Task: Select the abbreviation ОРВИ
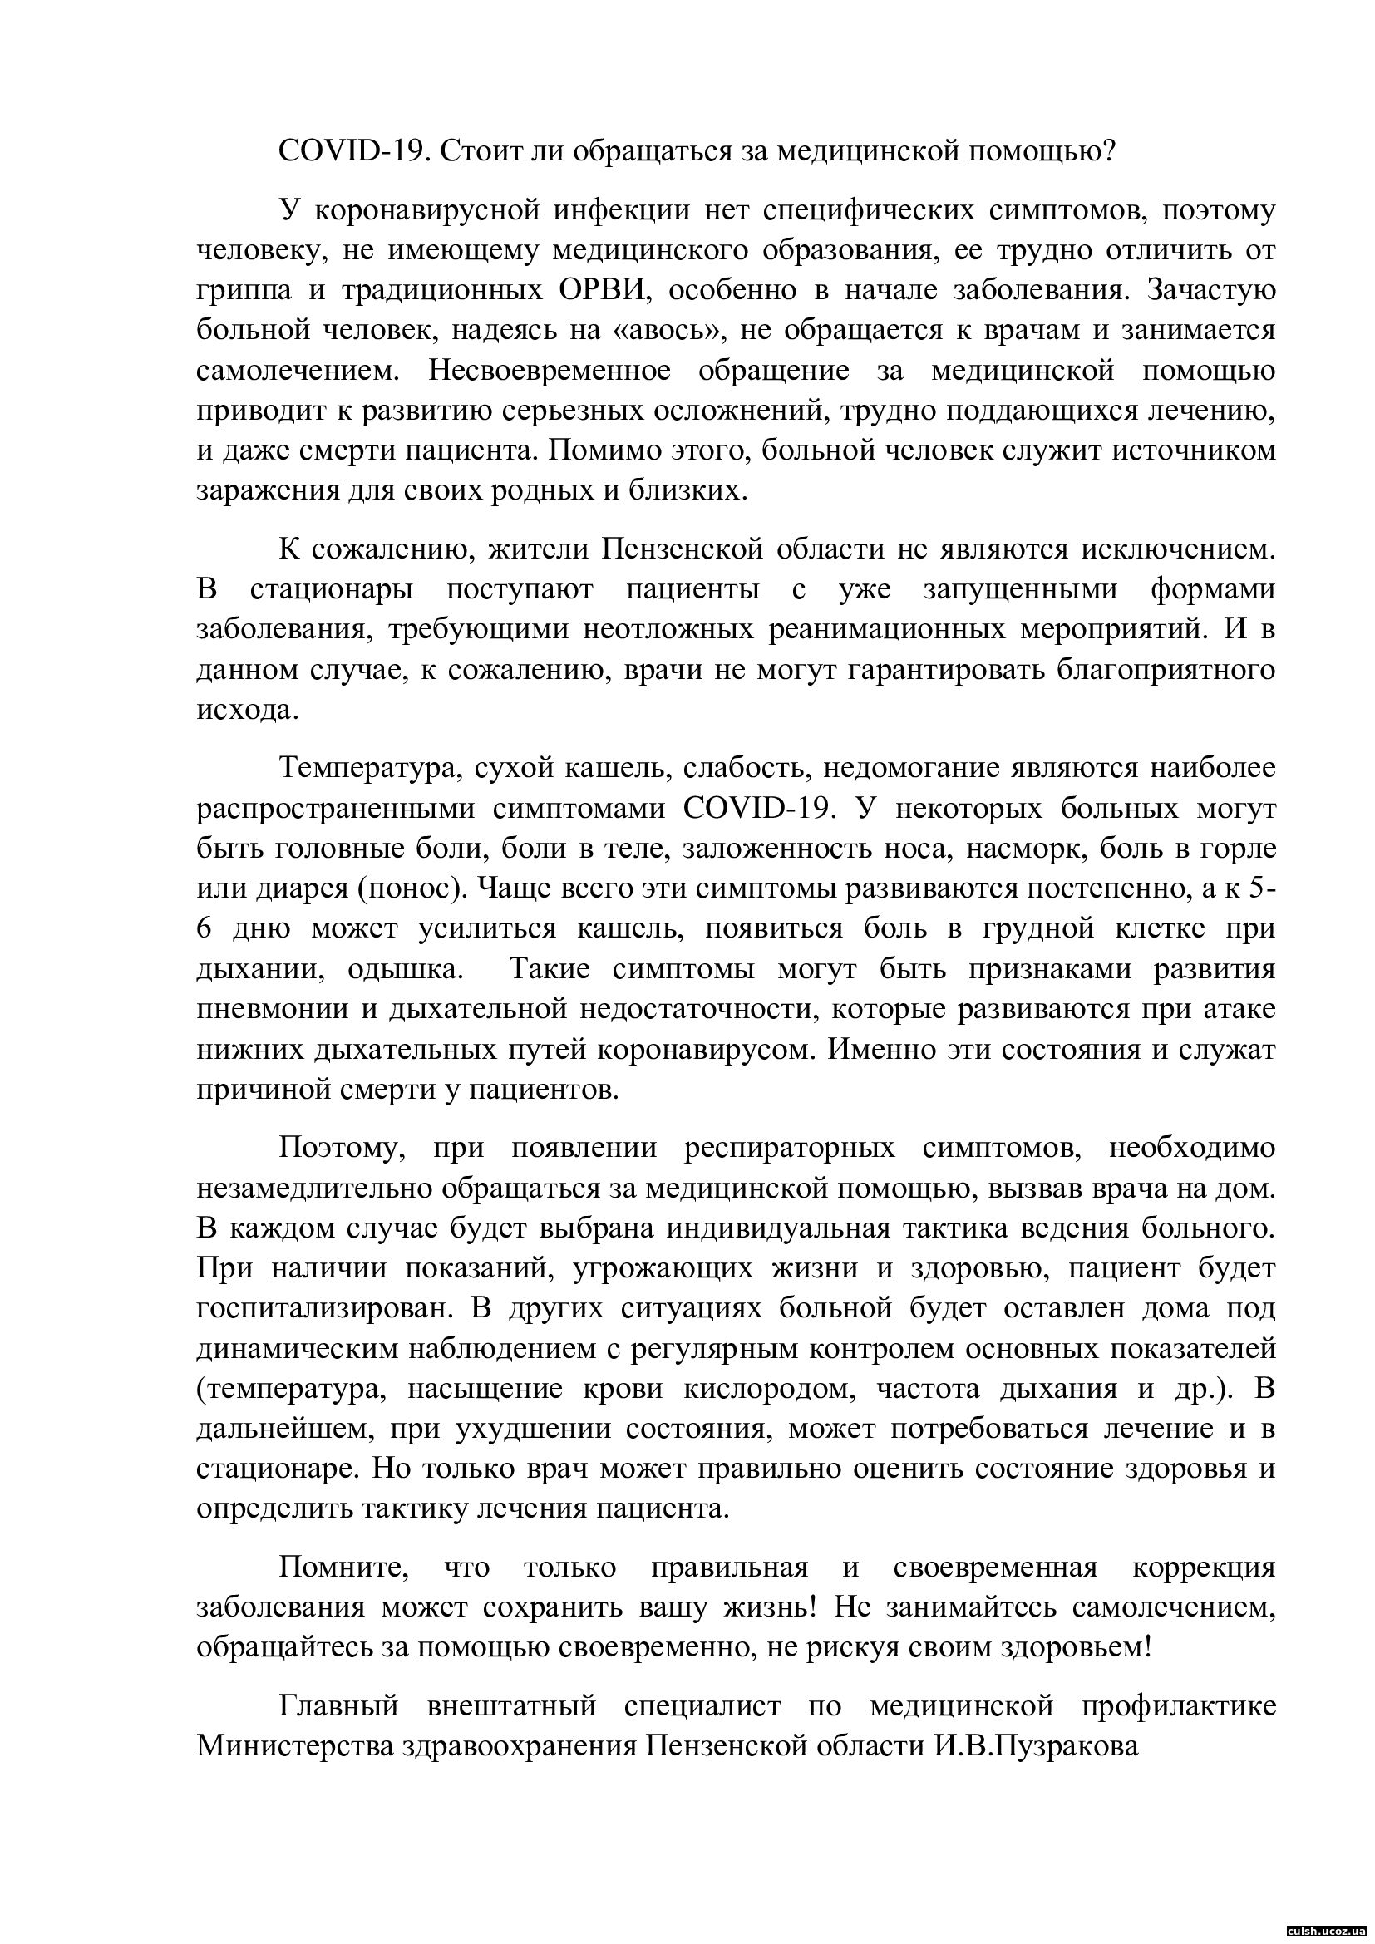pos(604,289)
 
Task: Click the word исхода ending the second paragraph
pos(247,709)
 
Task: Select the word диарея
pos(292,889)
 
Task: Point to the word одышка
pos(407,968)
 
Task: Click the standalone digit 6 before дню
pos(203,929)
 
